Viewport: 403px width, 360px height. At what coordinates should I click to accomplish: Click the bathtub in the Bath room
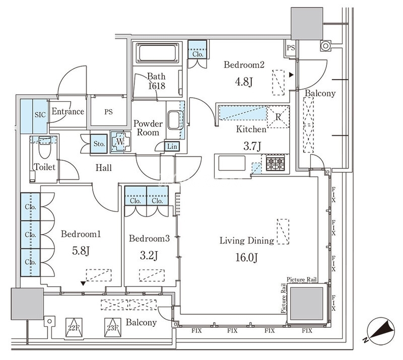(x=157, y=53)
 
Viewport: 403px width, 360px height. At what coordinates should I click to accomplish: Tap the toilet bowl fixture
(x=44, y=148)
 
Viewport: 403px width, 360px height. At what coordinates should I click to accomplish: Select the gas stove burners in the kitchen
(x=275, y=163)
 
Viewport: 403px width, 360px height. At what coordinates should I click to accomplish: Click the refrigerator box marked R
(x=278, y=117)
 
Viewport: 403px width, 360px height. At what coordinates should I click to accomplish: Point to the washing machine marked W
(x=120, y=142)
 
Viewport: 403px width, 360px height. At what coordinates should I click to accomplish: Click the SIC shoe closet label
(x=40, y=115)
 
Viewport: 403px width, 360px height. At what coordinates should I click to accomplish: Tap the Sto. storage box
(x=99, y=144)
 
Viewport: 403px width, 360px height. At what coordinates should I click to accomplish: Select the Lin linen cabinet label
(x=172, y=147)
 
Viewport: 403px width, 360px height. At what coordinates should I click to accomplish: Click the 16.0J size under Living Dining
(x=246, y=257)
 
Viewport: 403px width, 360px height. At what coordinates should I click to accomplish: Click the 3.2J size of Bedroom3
(x=149, y=255)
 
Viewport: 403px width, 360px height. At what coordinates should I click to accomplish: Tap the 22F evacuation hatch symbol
(x=74, y=327)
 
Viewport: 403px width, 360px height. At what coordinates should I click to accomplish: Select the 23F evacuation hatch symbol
(x=112, y=327)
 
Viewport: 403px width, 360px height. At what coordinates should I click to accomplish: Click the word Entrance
(x=68, y=111)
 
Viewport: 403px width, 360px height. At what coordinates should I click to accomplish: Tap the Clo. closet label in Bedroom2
(x=197, y=54)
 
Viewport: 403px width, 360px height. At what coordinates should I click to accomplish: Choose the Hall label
(x=104, y=168)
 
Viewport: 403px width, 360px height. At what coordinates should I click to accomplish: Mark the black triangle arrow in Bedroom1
(x=83, y=283)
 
